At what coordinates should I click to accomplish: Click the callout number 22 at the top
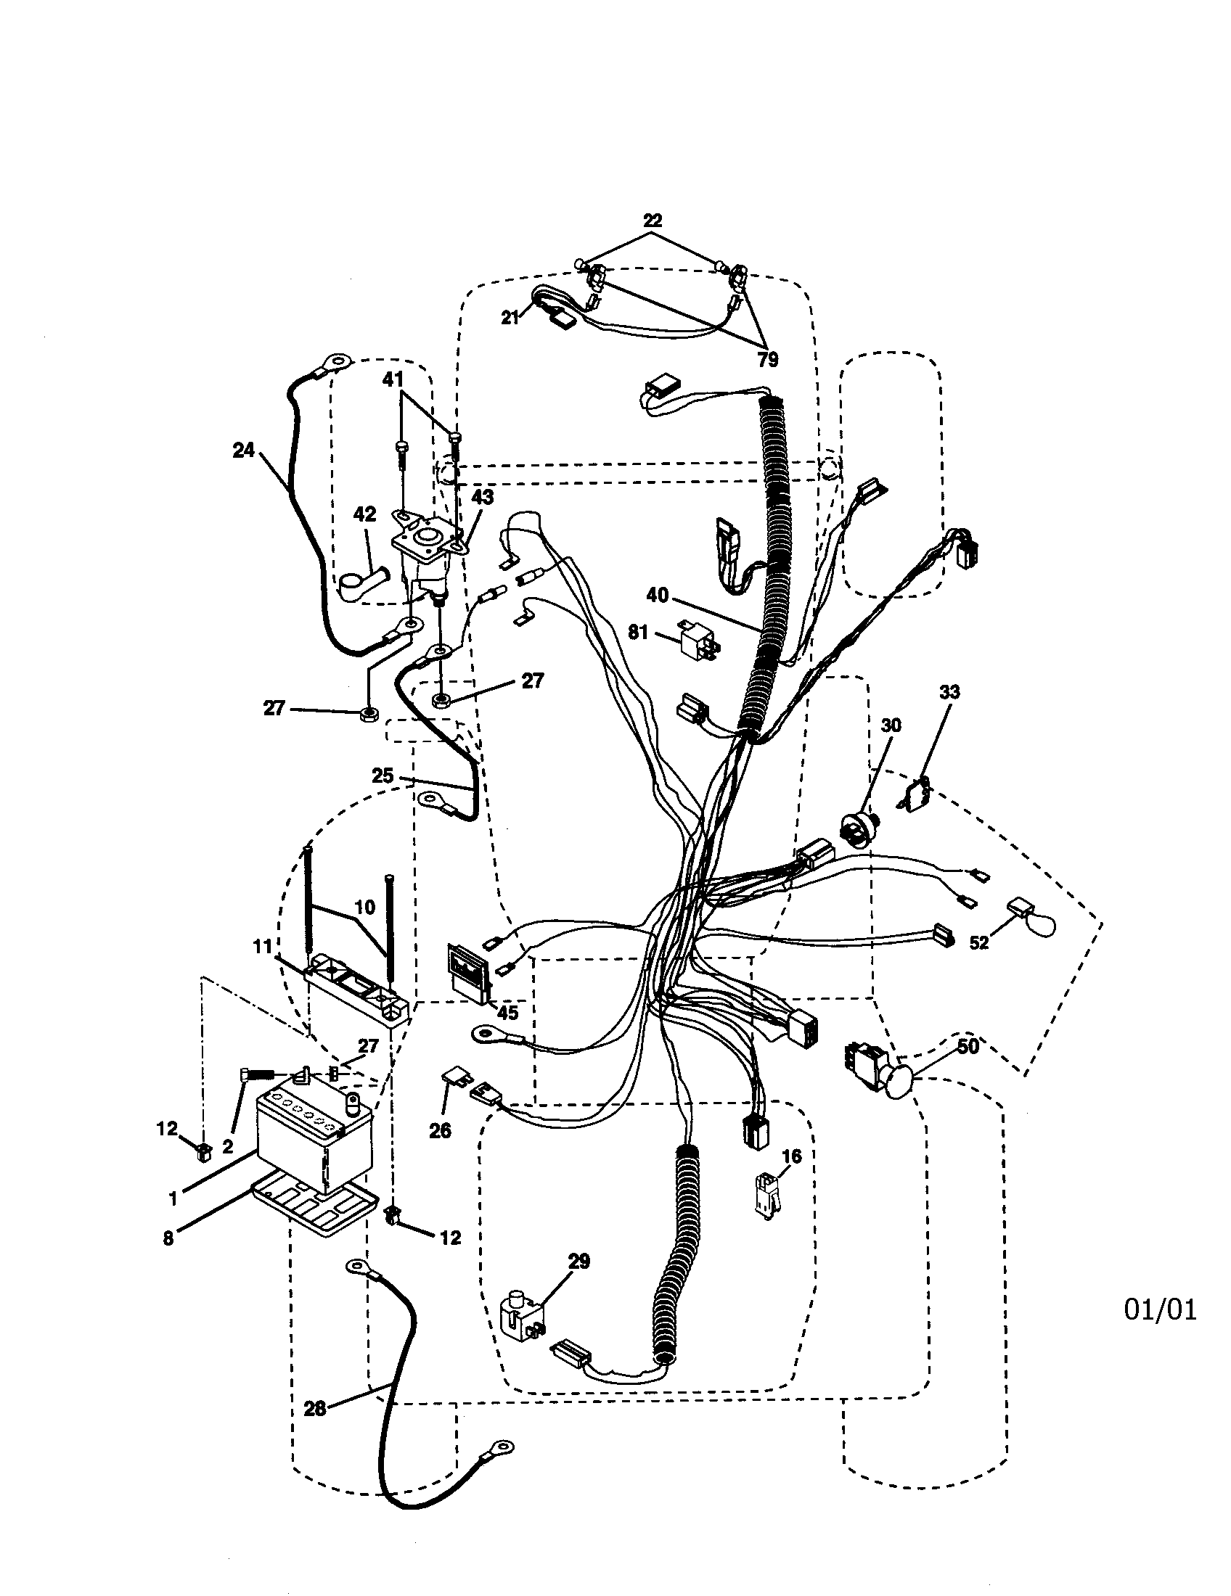click(x=652, y=220)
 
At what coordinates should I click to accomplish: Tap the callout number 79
click(x=766, y=359)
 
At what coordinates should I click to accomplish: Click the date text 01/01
click(x=1160, y=1309)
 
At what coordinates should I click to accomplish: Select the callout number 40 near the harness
click(x=657, y=596)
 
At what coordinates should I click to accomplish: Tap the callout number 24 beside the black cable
click(x=242, y=451)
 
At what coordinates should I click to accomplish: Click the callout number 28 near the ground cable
click(x=315, y=1408)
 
